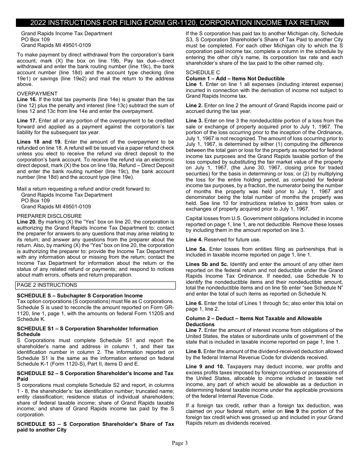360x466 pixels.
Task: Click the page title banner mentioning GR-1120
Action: click(x=180, y=22)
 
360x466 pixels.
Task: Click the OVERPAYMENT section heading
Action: click(x=37, y=94)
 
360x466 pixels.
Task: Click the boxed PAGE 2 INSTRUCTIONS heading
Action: click(x=47, y=285)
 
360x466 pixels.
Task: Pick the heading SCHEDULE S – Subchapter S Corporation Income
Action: click(x=80, y=296)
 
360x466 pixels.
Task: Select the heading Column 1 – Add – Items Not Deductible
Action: click(x=235, y=78)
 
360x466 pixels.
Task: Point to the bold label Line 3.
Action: click(x=194, y=120)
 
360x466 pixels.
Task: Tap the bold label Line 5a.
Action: click(x=196, y=249)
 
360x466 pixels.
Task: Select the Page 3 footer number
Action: click(x=180, y=443)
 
